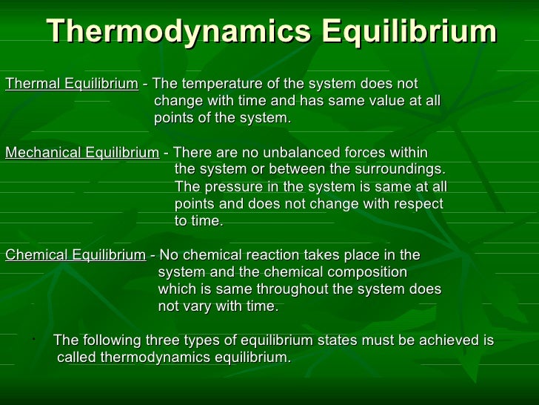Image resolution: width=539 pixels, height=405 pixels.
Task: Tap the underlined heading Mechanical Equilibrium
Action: pyautogui.click(x=81, y=153)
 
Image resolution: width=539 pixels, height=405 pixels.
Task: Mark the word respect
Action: pyautogui.click(x=418, y=204)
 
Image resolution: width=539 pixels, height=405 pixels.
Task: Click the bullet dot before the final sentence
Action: pyautogui.click(x=34, y=340)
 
